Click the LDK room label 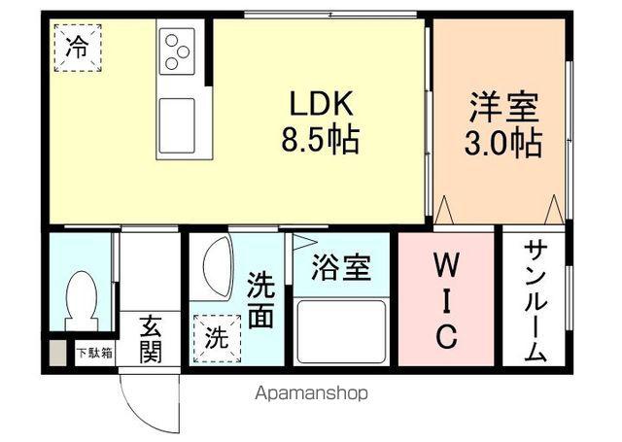point(322,104)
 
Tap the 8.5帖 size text point(321,140)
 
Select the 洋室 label point(503,106)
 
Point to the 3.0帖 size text point(503,142)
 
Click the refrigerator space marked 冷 point(78,48)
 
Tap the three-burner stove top point(177,51)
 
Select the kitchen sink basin point(177,125)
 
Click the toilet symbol point(82,300)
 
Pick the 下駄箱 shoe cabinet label point(95,353)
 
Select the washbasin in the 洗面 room point(218,267)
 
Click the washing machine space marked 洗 point(217,338)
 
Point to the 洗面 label point(261,300)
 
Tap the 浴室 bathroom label point(341,267)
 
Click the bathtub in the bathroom point(341,332)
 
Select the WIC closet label point(447,300)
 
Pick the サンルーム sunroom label point(536,301)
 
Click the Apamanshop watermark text point(311,393)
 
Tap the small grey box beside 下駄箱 point(58,353)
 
